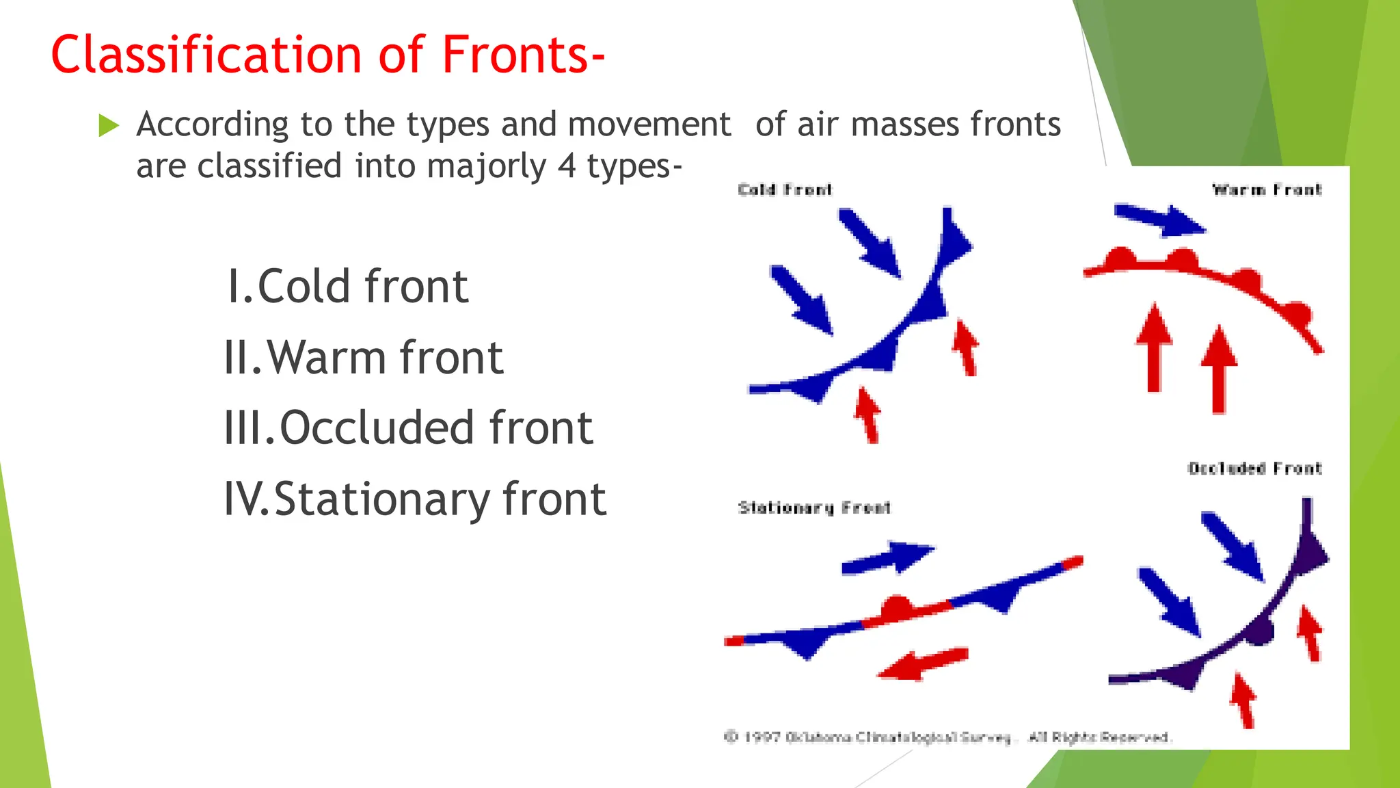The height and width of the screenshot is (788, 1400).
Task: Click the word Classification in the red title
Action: click(x=205, y=55)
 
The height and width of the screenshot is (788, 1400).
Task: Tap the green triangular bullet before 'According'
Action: click(x=109, y=125)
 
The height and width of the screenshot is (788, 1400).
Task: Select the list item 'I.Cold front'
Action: click(x=347, y=286)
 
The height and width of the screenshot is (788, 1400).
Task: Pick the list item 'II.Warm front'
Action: click(x=364, y=357)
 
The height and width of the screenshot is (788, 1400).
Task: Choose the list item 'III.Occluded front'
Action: click(x=408, y=428)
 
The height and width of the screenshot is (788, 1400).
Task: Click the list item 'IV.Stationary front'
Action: click(x=415, y=499)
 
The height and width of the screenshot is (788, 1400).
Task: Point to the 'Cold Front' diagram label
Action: click(x=785, y=189)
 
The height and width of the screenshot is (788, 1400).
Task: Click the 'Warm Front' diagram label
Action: click(x=1267, y=189)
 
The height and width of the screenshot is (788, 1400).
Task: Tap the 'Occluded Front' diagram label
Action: click(x=1254, y=469)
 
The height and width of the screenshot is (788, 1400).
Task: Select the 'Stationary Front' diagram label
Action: click(x=814, y=508)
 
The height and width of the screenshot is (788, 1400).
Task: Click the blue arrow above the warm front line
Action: click(x=1160, y=220)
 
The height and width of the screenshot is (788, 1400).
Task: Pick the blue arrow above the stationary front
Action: click(x=889, y=557)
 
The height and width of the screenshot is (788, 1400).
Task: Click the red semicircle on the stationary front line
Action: click(x=896, y=607)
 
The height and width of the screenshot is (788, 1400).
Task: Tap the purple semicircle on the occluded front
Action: click(x=1260, y=632)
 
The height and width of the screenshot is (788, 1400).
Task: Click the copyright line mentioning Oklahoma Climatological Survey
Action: click(x=947, y=737)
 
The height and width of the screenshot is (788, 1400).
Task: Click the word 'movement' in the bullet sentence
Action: click(x=649, y=125)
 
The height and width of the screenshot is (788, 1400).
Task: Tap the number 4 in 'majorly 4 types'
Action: click(x=566, y=166)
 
